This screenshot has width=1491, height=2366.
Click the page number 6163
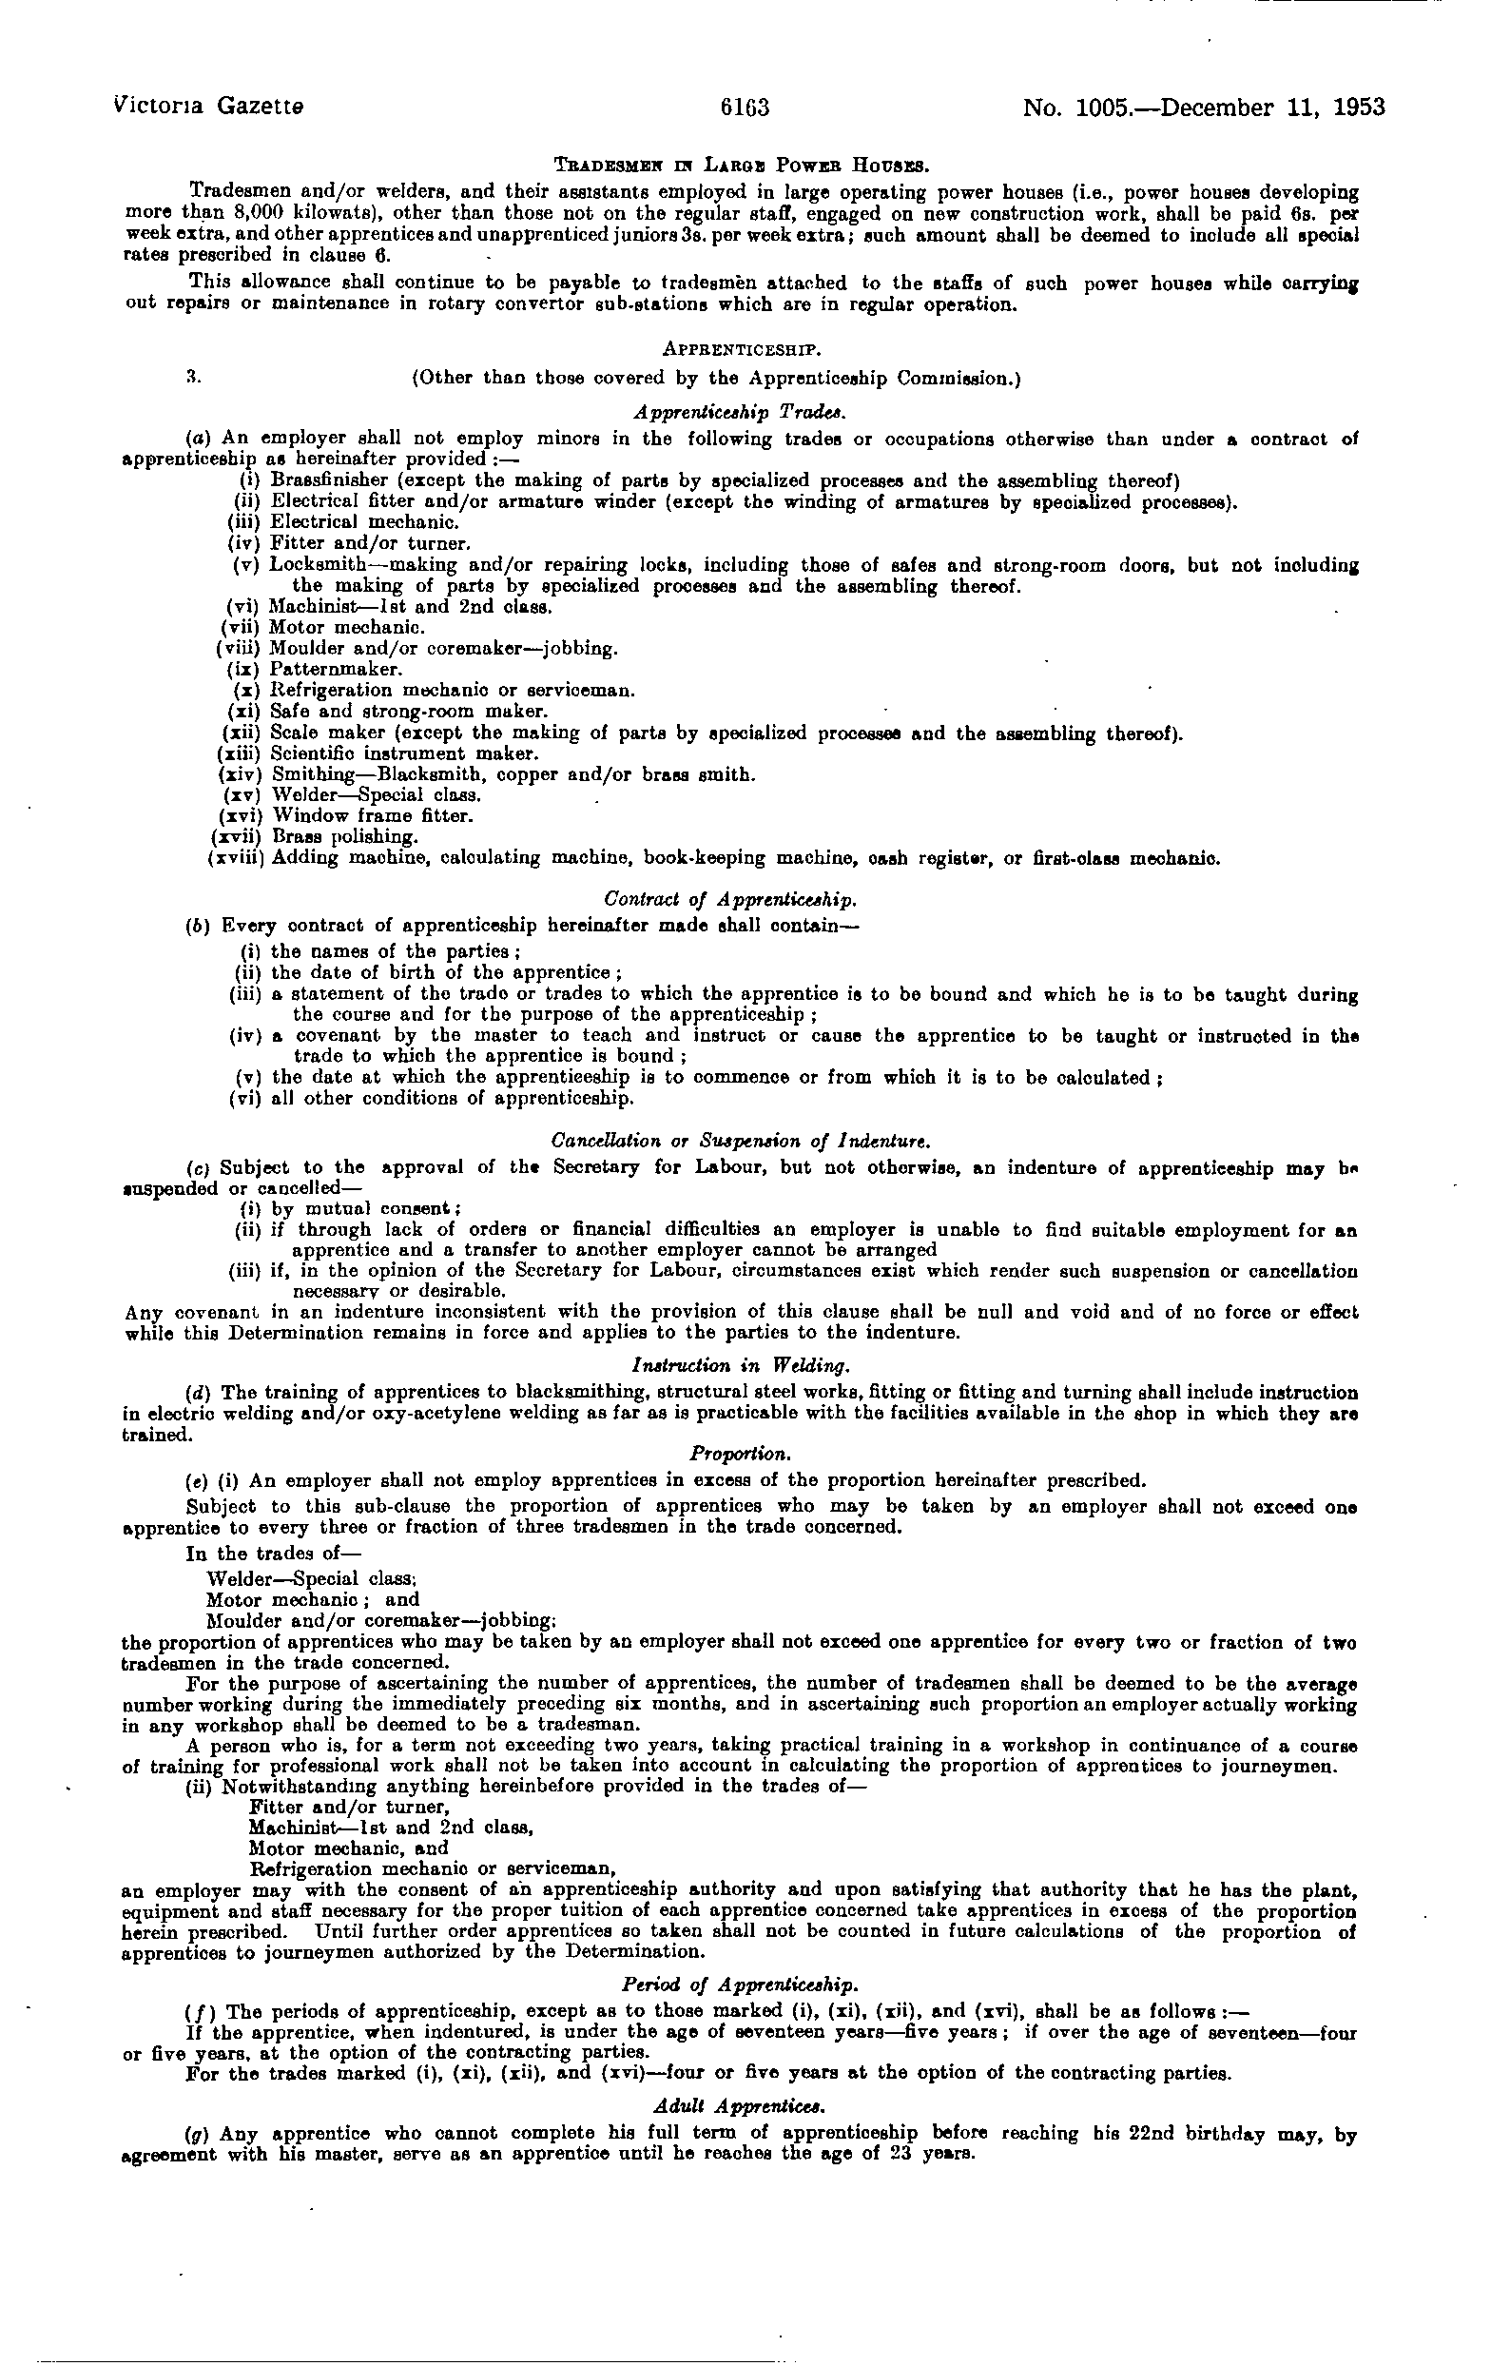pyautogui.click(x=745, y=108)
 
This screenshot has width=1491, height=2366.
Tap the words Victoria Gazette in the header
pyautogui.click(x=208, y=106)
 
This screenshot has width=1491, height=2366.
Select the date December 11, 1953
pyautogui.click(x=1273, y=108)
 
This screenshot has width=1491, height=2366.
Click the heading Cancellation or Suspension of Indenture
pyautogui.click(x=741, y=1142)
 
